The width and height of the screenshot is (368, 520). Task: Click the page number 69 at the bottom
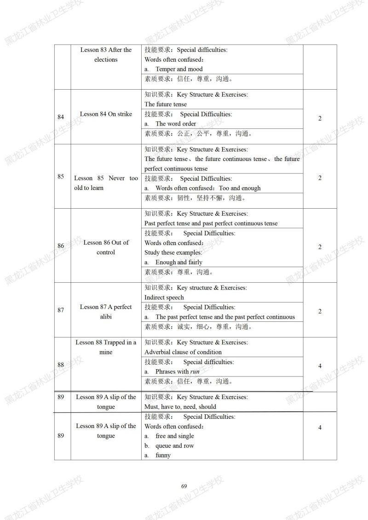click(x=184, y=486)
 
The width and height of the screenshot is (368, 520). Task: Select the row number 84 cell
click(x=61, y=117)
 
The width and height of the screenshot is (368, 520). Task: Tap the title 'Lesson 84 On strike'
click(x=106, y=114)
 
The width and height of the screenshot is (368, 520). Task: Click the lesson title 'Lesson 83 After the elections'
click(x=106, y=55)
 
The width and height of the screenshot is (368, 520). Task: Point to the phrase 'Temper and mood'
click(x=179, y=69)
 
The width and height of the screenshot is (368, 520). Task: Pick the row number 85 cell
click(x=61, y=176)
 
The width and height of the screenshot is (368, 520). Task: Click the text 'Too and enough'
click(x=240, y=188)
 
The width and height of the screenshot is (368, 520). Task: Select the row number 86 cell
click(x=61, y=246)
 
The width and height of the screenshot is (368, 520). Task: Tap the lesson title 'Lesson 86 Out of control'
click(x=106, y=247)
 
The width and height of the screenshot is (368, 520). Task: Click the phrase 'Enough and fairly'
click(x=179, y=262)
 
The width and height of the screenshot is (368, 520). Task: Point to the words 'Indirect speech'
click(x=164, y=297)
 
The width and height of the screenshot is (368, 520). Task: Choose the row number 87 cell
click(x=61, y=310)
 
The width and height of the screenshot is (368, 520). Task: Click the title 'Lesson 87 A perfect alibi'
click(x=106, y=312)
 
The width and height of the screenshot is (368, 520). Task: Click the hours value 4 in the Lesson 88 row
click(x=320, y=366)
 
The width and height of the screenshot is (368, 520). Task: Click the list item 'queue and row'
click(x=175, y=446)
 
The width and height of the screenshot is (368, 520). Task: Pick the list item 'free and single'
click(x=175, y=436)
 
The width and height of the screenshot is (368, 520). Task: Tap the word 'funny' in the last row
click(x=163, y=455)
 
